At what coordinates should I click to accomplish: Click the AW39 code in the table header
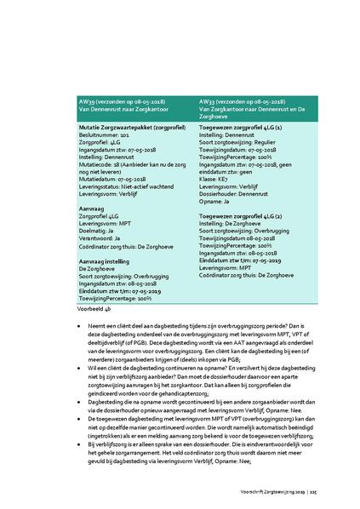click(86, 100)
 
